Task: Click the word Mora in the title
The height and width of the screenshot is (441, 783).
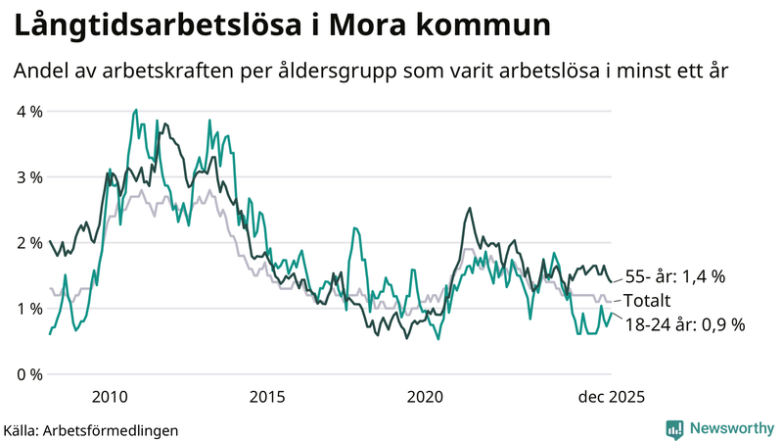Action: point(373,25)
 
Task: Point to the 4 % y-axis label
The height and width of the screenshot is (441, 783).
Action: point(29,112)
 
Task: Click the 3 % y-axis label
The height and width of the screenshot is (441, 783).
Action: point(29,177)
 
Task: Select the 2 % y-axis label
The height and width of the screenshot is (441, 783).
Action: point(29,243)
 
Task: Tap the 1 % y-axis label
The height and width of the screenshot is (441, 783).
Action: point(29,309)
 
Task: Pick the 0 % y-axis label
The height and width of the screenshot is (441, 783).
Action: point(29,374)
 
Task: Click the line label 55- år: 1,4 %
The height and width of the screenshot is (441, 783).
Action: point(674,277)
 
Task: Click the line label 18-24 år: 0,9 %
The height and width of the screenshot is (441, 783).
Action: point(684,324)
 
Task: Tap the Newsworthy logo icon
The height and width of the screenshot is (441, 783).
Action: point(674,428)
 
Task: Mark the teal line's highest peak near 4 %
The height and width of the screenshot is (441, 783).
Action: point(135,110)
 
